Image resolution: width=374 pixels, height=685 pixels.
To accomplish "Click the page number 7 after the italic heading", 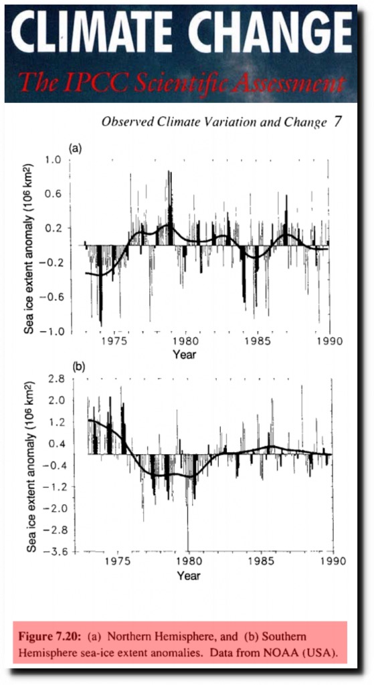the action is click(x=337, y=121).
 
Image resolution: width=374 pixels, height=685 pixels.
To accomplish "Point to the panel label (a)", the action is click(x=75, y=149).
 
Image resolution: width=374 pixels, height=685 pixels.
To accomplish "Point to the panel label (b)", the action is click(x=78, y=367).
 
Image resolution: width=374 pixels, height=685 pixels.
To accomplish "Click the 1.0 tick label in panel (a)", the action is click(x=52, y=161).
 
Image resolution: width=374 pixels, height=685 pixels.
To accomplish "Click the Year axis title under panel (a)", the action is click(x=185, y=355).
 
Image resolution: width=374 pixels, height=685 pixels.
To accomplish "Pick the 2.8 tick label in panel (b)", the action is click(x=56, y=379).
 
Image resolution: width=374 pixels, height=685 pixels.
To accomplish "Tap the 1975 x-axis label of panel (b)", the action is click(x=116, y=561).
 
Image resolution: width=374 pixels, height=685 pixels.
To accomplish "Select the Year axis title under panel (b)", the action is click(x=189, y=575).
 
